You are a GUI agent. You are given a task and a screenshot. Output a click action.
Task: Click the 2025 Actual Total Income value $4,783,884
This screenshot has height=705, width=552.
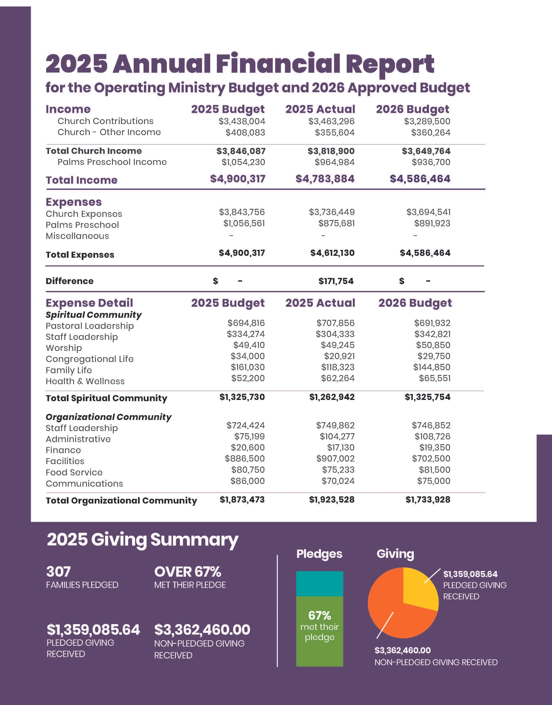click(325, 179)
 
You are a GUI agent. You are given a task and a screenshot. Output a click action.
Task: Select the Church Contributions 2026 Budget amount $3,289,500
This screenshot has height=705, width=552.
click(427, 121)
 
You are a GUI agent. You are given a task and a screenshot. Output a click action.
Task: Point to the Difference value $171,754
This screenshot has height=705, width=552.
click(336, 281)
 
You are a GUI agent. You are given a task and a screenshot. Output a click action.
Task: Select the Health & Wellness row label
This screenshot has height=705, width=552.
click(85, 381)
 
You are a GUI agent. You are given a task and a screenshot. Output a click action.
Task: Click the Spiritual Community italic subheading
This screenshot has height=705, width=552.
click(93, 315)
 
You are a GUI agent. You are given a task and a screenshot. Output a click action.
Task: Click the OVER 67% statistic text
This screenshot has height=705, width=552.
click(187, 572)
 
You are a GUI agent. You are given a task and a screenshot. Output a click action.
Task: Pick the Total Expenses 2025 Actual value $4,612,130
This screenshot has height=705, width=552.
click(332, 253)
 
